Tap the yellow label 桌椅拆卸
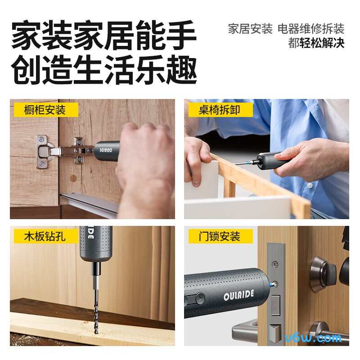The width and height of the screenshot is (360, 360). (x=220, y=110)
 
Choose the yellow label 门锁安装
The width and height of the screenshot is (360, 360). (x=220, y=236)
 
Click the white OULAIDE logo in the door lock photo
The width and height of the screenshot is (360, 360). (x=239, y=295)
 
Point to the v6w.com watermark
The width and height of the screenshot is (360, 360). (x=313, y=338)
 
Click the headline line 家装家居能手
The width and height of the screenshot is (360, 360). (x=104, y=35)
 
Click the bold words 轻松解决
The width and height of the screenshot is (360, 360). (x=322, y=43)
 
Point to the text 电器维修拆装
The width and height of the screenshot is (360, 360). (x=311, y=29)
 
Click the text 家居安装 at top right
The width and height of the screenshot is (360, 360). (x=250, y=29)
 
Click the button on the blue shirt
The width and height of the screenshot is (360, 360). (x=310, y=185)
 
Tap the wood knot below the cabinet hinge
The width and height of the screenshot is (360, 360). (x=73, y=178)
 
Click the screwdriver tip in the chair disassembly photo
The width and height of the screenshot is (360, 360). (x=235, y=163)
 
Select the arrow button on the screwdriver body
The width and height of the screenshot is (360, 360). (x=200, y=298)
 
